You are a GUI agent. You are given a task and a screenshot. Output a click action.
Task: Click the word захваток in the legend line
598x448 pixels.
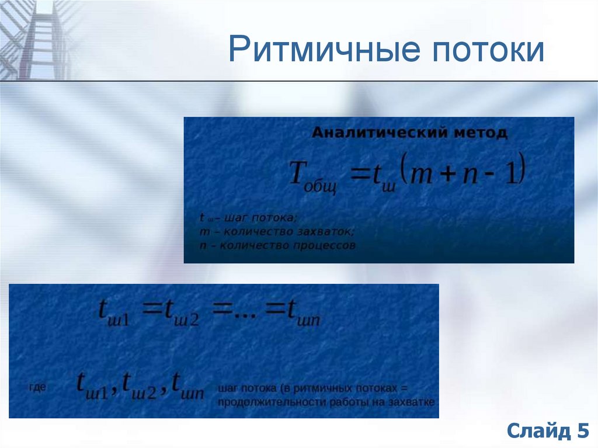[x=325, y=232]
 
